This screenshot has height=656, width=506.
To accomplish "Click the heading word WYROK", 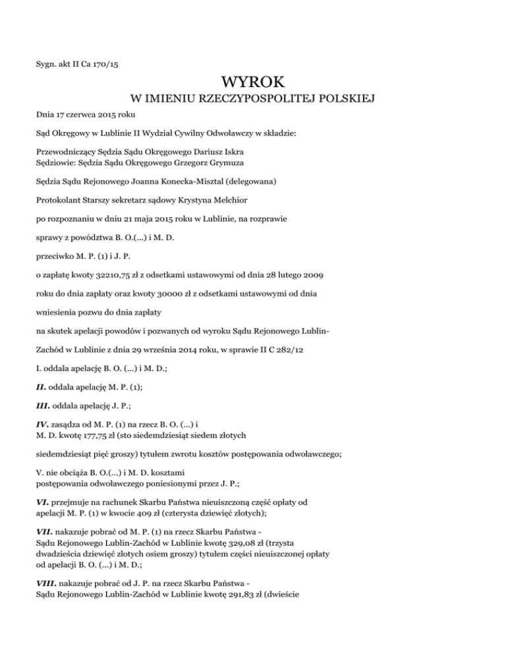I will click(252, 82).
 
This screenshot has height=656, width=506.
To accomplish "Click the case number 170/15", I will click(111, 64).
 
